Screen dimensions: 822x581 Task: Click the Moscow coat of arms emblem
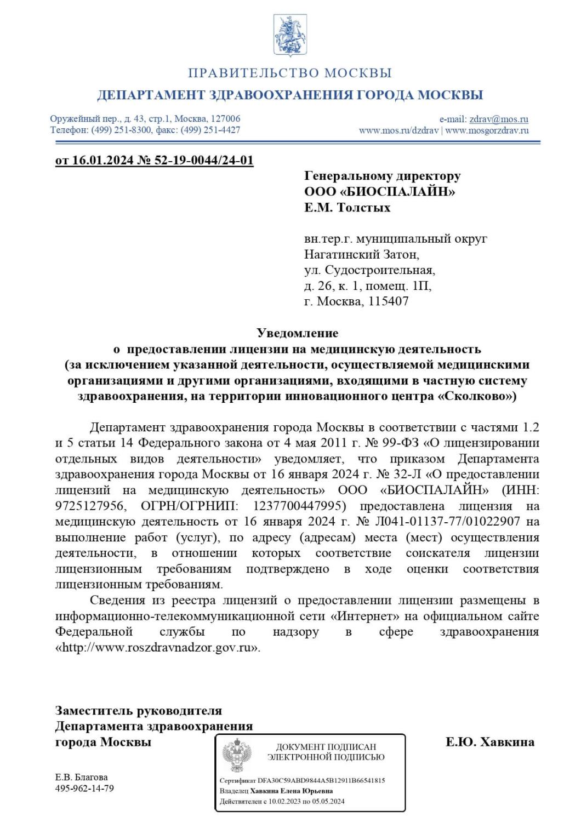tap(290, 35)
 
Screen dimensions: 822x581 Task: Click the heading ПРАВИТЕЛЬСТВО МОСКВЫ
tap(290, 73)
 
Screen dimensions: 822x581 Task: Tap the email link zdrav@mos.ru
tap(499, 119)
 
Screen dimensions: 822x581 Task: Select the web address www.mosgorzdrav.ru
tap(487, 130)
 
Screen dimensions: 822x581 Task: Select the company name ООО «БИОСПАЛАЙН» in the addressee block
tap(380, 192)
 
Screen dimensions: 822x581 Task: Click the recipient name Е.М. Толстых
tap(348, 208)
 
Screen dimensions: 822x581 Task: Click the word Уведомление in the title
tap(298, 333)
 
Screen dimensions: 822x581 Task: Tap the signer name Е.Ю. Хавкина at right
tap(490, 742)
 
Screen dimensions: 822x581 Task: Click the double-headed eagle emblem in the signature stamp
tap(237, 755)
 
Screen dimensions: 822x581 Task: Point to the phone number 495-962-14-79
tap(85, 789)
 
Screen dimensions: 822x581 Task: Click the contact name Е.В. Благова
tap(82, 777)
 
